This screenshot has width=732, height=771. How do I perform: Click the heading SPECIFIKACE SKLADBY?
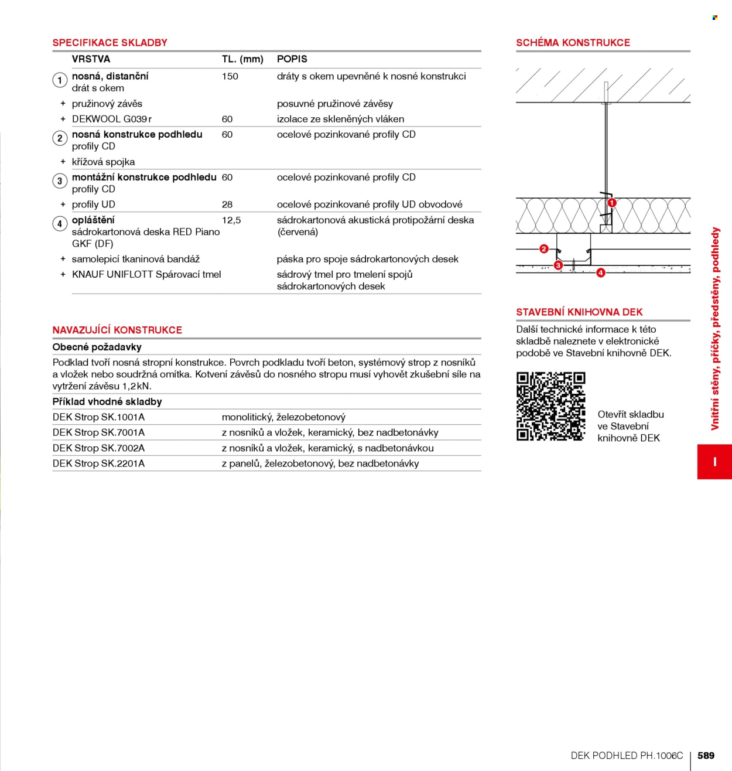[x=110, y=42]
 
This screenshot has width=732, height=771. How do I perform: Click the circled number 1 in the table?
[x=60, y=80]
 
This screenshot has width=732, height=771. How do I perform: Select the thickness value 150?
[x=230, y=76]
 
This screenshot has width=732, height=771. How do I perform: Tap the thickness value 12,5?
[x=231, y=220]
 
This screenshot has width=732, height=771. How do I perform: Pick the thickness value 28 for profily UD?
[x=227, y=204]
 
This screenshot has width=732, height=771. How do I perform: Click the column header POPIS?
[x=292, y=59]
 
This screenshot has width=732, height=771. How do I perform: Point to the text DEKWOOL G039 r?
[x=112, y=119]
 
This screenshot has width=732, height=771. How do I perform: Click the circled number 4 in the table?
[x=60, y=224]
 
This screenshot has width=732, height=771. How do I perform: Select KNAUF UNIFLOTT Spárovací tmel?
[x=146, y=275]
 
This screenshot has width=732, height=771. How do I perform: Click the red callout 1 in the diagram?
[x=611, y=203]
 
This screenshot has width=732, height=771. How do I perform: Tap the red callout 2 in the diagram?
[x=543, y=248]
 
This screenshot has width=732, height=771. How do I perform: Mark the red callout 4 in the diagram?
[x=600, y=272]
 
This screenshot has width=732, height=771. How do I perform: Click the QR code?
[x=550, y=406]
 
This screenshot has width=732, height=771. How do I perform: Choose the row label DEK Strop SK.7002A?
[x=98, y=448]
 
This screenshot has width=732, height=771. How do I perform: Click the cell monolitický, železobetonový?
[x=283, y=417]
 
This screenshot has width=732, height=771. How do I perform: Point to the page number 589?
[x=706, y=755]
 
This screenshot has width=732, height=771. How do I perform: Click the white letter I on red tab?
[x=715, y=462]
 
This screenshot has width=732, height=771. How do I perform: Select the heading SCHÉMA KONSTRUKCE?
[x=573, y=42]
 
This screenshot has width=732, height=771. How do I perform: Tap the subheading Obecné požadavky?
[x=97, y=347]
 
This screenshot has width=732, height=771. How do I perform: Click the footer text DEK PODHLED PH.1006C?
[x=627, y=756]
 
